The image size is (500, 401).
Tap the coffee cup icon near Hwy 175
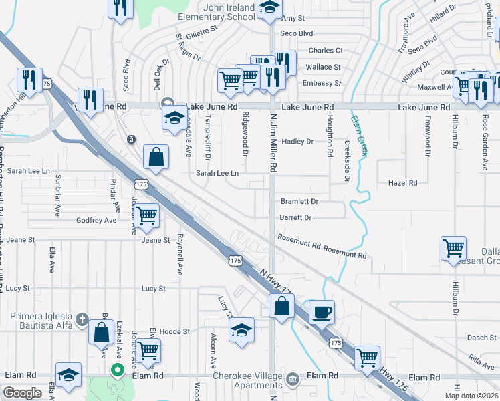click(x=322, y=312)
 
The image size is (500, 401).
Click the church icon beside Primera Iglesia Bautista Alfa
click(x=82, y=317)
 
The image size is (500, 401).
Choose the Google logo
click(x=22, y=392)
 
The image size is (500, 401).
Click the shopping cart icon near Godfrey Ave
click(x=146, y=215)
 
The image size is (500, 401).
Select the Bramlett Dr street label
click(x=299, y=201)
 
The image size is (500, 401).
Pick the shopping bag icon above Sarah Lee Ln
click(x=156, y=158)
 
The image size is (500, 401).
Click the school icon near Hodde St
click(x=242, y=329)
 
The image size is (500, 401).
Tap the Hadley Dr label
click(x=297, y=142)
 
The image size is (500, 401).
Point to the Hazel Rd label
click(x=402, y=182)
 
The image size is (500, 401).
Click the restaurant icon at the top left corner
click(x=121, y=7)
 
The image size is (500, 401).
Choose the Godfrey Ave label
click(x=96, y=220)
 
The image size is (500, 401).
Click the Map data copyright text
click(x=472, y=396)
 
